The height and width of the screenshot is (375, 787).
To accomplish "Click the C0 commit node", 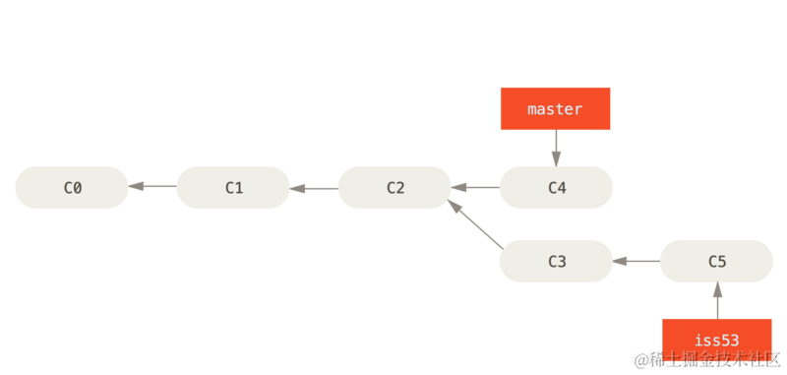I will tap(72, 187).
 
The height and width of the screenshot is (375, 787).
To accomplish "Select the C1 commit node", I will tap(233, 187).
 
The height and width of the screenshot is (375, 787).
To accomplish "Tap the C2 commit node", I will tap(394, 187).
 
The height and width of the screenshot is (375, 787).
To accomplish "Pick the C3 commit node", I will tap(556, 261).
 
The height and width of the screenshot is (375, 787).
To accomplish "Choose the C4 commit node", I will tap(556, 187).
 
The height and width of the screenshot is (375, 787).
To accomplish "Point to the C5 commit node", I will tap(716, 261).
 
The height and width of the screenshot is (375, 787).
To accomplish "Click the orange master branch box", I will tap(555, 108).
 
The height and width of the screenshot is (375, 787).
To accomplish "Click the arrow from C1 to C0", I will tap(152, 187).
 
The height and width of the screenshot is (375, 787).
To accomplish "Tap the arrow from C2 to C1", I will tap(314, 187).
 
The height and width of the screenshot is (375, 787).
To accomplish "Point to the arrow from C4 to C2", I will tap(475, 187).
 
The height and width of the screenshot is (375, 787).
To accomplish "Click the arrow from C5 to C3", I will tap(636, 261).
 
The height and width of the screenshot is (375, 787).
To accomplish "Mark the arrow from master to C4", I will tap(555, 148).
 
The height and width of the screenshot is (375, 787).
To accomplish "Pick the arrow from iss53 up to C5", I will tap(717, 300).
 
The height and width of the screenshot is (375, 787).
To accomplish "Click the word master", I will tap(555, 109).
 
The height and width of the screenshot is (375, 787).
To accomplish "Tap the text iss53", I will tap(716, 340).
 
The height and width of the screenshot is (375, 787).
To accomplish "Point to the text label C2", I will tap(394, 187).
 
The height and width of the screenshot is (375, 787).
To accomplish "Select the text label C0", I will tap(72, 187).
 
